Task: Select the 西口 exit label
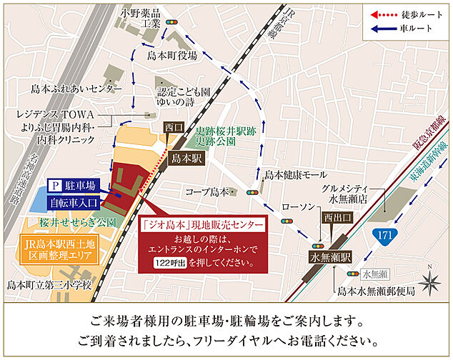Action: pyautogui.click(x=174, y=128)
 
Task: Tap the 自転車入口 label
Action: pyautogui.click(x=71, y=203)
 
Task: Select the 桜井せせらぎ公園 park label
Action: pyautogui.click(x=68, y=222)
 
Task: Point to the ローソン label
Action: pyautogui.click(x=298, y=206)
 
